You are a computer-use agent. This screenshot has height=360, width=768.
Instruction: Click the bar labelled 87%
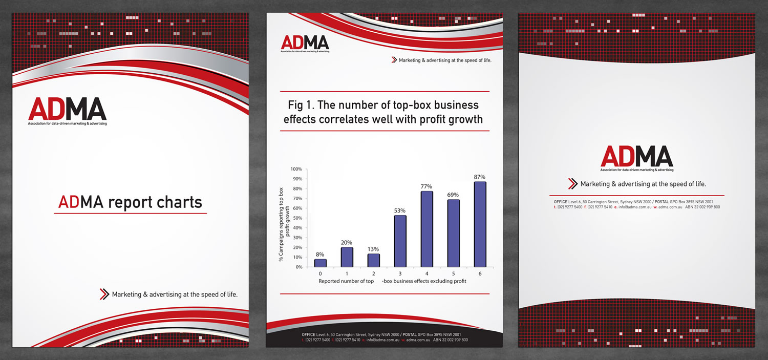(x=480, y=224)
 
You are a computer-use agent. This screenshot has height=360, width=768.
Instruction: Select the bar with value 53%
(x=400, y=241)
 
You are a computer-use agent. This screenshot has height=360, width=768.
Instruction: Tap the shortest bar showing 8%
(x=320, y=263)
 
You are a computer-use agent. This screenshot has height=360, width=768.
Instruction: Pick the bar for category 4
(x=426, y=229)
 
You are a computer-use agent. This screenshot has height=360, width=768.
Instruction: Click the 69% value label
(x=453, y=195)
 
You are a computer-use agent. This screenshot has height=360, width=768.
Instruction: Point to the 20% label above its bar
(x=347, y=243)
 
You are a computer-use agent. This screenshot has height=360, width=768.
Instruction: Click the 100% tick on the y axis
(x=296, y=169)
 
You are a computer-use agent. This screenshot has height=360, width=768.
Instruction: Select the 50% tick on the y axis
(x=297, y=218)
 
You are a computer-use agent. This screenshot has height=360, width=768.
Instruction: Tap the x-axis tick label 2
(x=373, y=274)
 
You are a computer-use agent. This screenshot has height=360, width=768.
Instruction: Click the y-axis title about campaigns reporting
(x=284, y=225)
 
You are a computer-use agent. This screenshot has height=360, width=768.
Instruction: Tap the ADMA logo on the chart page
(x=305, y=43)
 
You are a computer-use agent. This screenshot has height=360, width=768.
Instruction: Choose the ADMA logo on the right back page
(x=636, y=158)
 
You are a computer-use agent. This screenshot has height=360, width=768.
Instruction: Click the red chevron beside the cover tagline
(x=104, y=294)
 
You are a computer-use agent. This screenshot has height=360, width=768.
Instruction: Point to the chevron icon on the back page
(x=572, y=184)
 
